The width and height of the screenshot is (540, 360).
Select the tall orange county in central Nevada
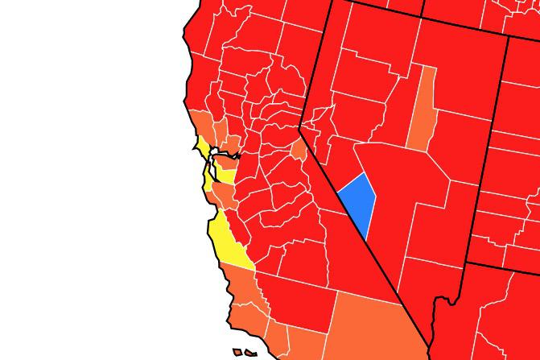[423, 113]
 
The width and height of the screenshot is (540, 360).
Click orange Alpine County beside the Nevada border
[299, 149]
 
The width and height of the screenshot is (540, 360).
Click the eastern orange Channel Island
[251, 354]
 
